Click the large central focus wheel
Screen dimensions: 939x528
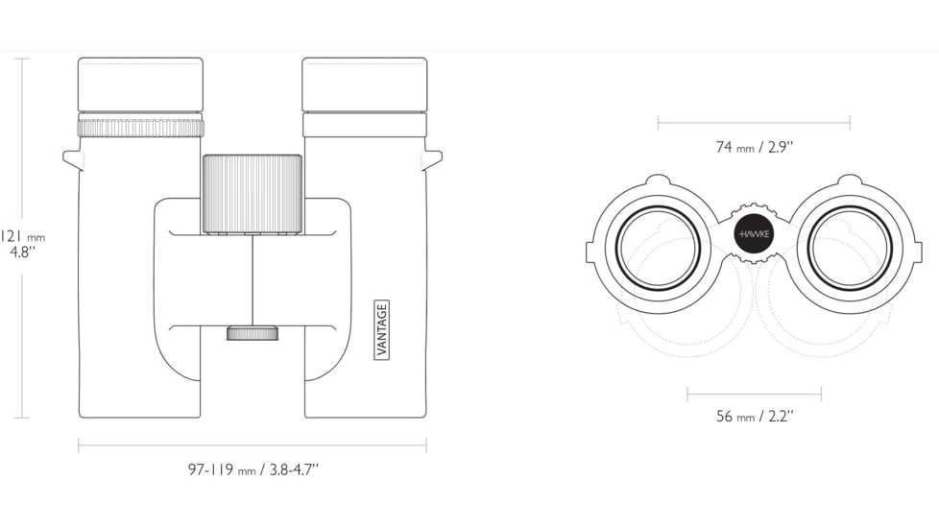point(253,194)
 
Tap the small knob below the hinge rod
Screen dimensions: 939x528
point(253,333)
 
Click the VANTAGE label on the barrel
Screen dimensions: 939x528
point(381,329)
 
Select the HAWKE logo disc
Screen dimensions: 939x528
point(754,234)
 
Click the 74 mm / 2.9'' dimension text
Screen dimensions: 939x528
point(754,147)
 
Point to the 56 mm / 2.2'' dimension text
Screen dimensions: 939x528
point(755,416)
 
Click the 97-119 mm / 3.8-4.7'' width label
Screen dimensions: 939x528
point(253,469)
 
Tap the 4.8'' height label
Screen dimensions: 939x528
point(23,252)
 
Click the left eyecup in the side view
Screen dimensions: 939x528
point(141,84)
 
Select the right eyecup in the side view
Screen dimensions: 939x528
point(365,84)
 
